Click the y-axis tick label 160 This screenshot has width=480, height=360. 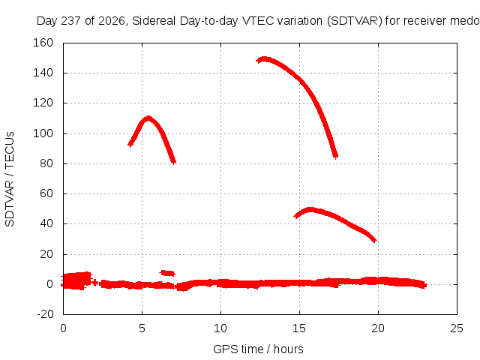(43, 43)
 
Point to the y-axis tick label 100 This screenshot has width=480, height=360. (43, 133)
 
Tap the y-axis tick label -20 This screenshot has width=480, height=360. (45, 314)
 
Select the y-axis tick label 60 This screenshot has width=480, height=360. (46, 193)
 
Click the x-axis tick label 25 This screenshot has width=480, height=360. (457, 328)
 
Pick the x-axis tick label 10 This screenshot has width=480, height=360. (220, 328)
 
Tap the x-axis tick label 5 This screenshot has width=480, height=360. (142, 328)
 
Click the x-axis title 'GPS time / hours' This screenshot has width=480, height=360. (258, 349)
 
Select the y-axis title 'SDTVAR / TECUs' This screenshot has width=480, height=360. (10, 179)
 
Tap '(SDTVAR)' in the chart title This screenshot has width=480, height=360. (355, 21)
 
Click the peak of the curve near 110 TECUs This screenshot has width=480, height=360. (148, 118)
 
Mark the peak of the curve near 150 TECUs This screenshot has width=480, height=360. (264, 58)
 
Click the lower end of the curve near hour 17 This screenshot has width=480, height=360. (336, 157)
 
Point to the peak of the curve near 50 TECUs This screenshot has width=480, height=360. (310, 210)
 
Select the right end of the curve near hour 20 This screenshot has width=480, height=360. (375, 241)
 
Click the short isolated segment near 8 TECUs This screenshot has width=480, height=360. (167, 273)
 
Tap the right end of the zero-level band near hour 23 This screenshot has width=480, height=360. (425, 285)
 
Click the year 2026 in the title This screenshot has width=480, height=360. (112, 21)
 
